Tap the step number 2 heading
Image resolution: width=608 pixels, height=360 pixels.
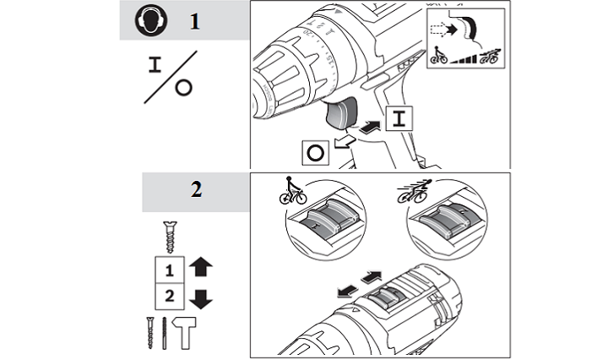[x=196, y=190]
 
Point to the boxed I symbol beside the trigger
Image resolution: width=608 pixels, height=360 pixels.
[x=398, y=119]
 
